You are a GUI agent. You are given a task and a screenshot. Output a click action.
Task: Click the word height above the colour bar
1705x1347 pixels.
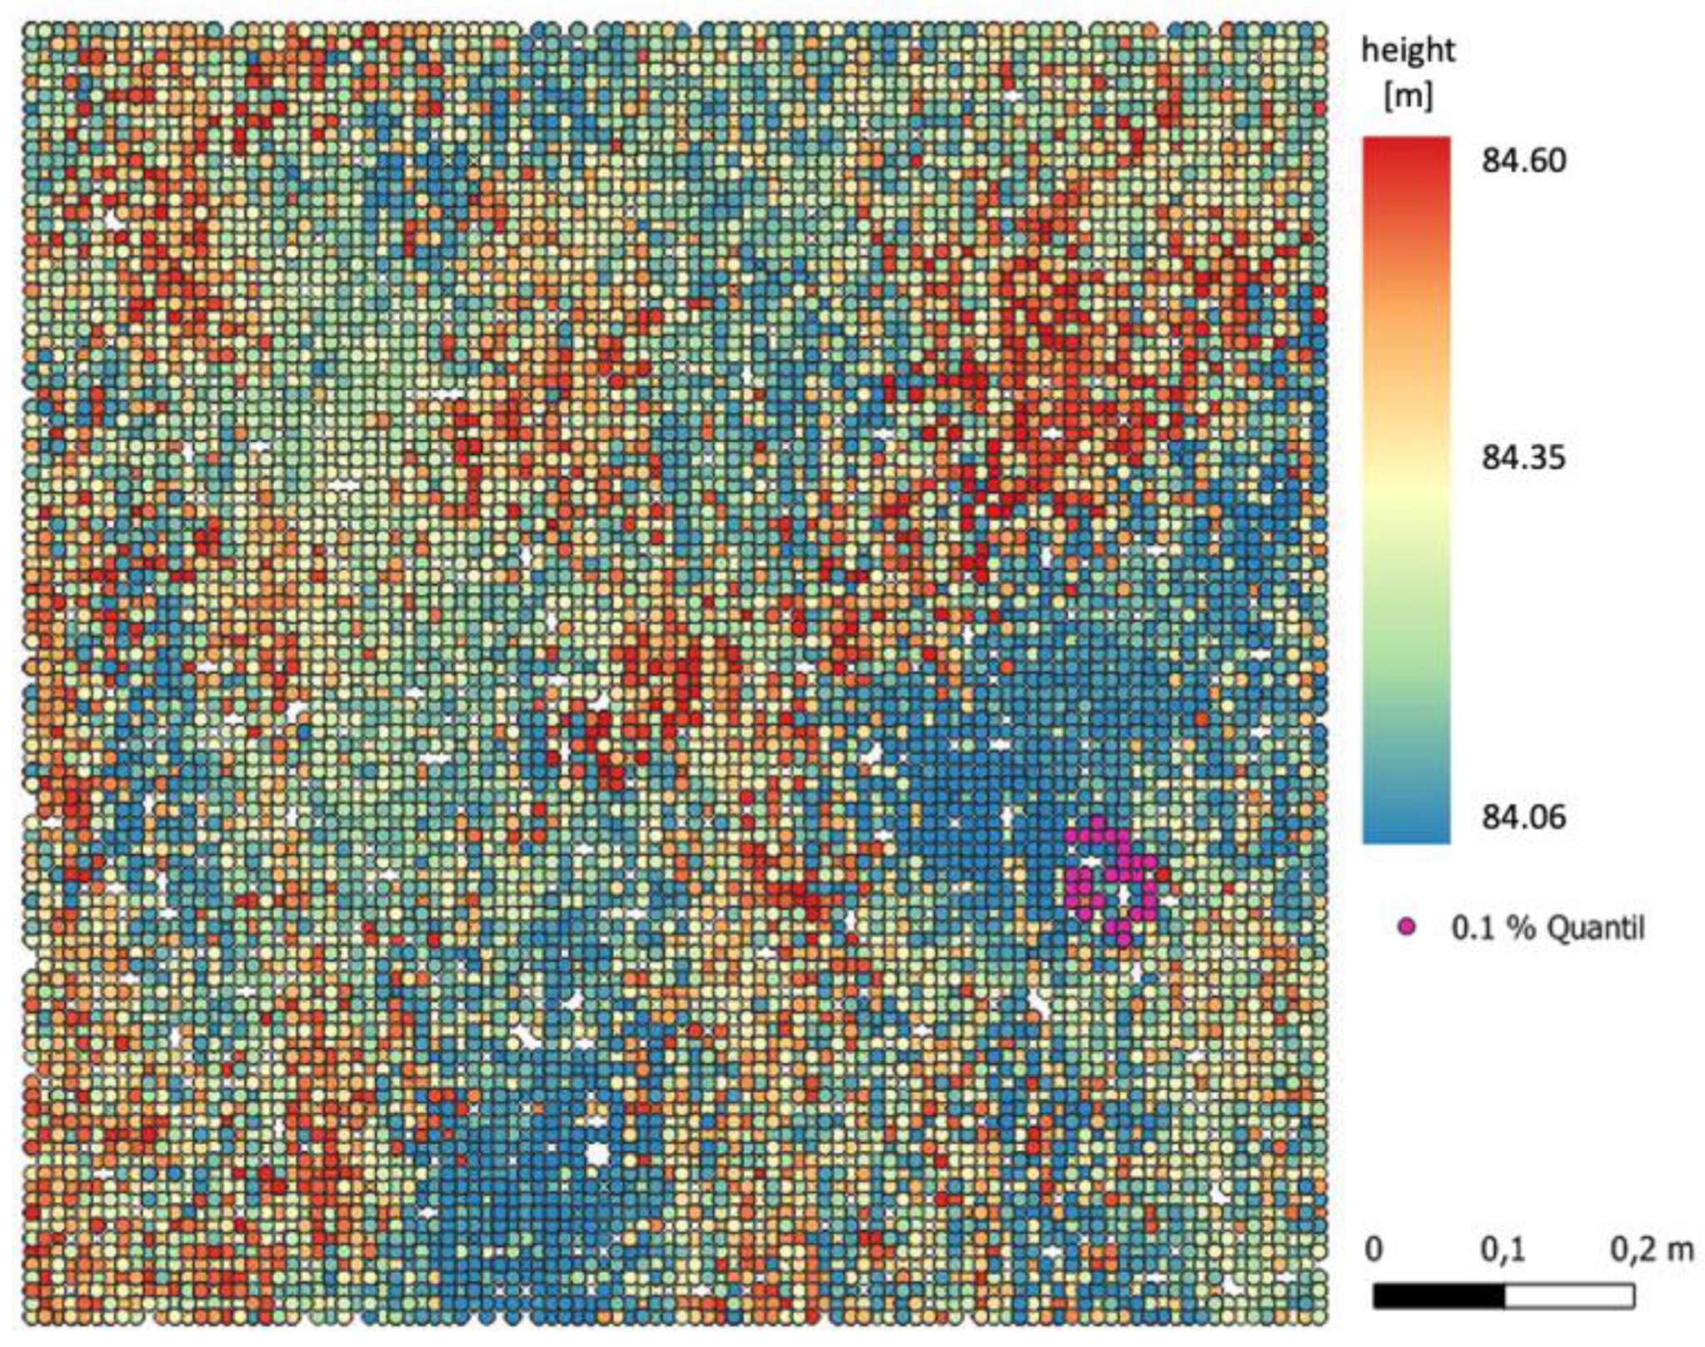[x=1408, y=52]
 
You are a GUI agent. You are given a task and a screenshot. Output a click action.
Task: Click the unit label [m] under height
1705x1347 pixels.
[x=1408, y=97]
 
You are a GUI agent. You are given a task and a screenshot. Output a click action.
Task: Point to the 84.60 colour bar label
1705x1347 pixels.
[x=1523, y=160]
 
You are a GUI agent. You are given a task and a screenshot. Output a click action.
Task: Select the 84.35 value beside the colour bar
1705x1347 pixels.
[x=1523, y=457]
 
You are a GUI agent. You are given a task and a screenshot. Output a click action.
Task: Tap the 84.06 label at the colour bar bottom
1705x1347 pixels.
[x=1523, y=817]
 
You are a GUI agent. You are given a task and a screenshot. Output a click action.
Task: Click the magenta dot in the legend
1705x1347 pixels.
[x=1407, y=927]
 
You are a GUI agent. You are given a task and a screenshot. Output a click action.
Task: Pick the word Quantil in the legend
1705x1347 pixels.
[x=1594, y=927]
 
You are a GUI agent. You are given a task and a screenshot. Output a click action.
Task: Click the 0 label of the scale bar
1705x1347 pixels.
[x=1374, y=1250]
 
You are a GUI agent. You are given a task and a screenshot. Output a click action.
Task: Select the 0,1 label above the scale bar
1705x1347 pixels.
[x=1503, y=1250]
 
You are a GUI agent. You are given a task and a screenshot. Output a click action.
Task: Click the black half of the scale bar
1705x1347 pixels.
[x=1438, y=1296]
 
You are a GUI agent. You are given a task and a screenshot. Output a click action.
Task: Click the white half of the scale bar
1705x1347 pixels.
[x=1569, y=1296]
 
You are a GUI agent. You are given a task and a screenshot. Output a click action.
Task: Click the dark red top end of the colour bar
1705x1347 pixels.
[x=1406, y=150]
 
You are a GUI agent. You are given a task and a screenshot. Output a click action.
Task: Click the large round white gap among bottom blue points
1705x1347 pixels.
[x=597, y=1154]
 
